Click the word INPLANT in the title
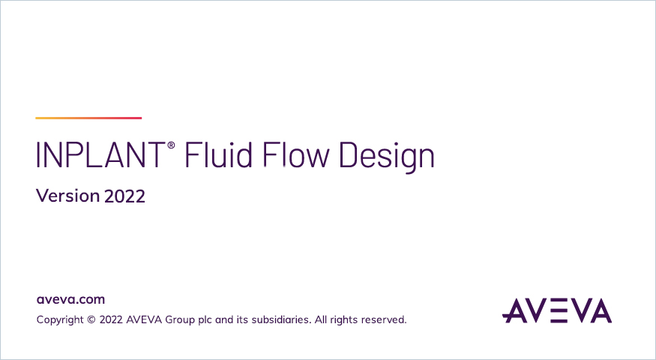point(100,155)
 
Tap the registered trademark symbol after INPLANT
point(171,145)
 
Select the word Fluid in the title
point(218,154)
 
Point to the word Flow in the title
point(296,154)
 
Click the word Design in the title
point(387,157)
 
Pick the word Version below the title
point(67,196)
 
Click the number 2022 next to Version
point(124,196)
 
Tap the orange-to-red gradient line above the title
point(88,118)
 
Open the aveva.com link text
point(70,300)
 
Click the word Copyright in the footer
point(60,320)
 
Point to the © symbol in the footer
point(91,319)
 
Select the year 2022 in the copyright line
point(111,319)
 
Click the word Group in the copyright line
point(180,320)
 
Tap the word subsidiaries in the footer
point(280,319)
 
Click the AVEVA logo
point(557,310)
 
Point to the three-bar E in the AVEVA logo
point(557,310)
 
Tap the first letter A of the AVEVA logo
point(514,310)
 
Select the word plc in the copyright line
point(205,320)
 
